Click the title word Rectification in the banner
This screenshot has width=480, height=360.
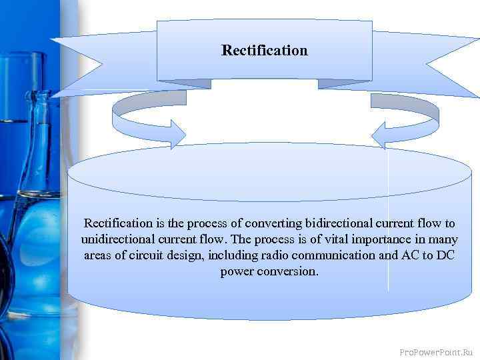pyautogui.click(x=265, y=51)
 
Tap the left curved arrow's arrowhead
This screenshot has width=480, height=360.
pyautogui.click(x=177, y=133)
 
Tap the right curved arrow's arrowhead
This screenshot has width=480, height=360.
pyautogui.click(x=380, y=135)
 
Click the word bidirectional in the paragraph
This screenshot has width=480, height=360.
pyautogui.click(x=341, y=223)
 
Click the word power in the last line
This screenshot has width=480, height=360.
pyautogui.click(x=236, y=272)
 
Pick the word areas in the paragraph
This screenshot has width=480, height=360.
pyautogui.click(x=99, y=255)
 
